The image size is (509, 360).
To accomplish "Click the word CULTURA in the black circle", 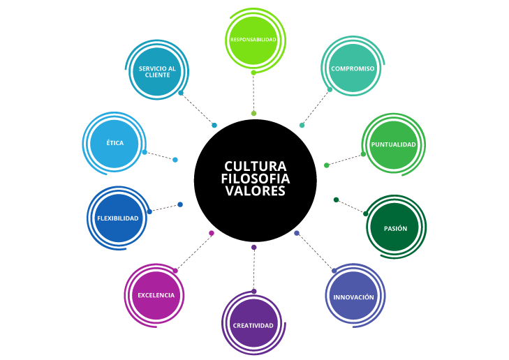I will coord(255,167).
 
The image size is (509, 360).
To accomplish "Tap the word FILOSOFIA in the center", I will coord(255,179).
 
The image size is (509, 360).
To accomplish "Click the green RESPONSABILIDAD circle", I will coord(253,40).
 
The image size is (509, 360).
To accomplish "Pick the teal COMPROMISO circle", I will coord(353,68).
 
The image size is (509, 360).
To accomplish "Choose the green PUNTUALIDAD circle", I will coord(393,144).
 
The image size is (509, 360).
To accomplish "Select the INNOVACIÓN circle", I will coord(353,297).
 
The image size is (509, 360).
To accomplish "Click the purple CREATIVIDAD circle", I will coord(253,325).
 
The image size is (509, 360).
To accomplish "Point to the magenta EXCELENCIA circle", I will coord(156,295).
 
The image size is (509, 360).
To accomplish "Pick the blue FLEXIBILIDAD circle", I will coord(118,218).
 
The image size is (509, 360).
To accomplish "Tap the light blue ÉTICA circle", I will coord(115,143).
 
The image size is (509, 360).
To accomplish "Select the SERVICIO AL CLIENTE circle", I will coord(157,72).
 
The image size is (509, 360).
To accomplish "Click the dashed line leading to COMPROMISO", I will coord(316,107).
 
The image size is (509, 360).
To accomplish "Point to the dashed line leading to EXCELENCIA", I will coord(193,252).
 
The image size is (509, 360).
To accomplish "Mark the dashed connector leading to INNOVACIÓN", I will coord(315,252).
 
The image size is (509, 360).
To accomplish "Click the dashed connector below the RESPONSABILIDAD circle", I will coord(253,92).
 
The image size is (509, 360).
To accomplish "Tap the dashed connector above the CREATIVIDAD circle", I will coord(253,269).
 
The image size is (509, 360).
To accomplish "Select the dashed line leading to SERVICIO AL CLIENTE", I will coord(198,109).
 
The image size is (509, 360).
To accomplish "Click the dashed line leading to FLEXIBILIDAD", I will coord(165,208).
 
